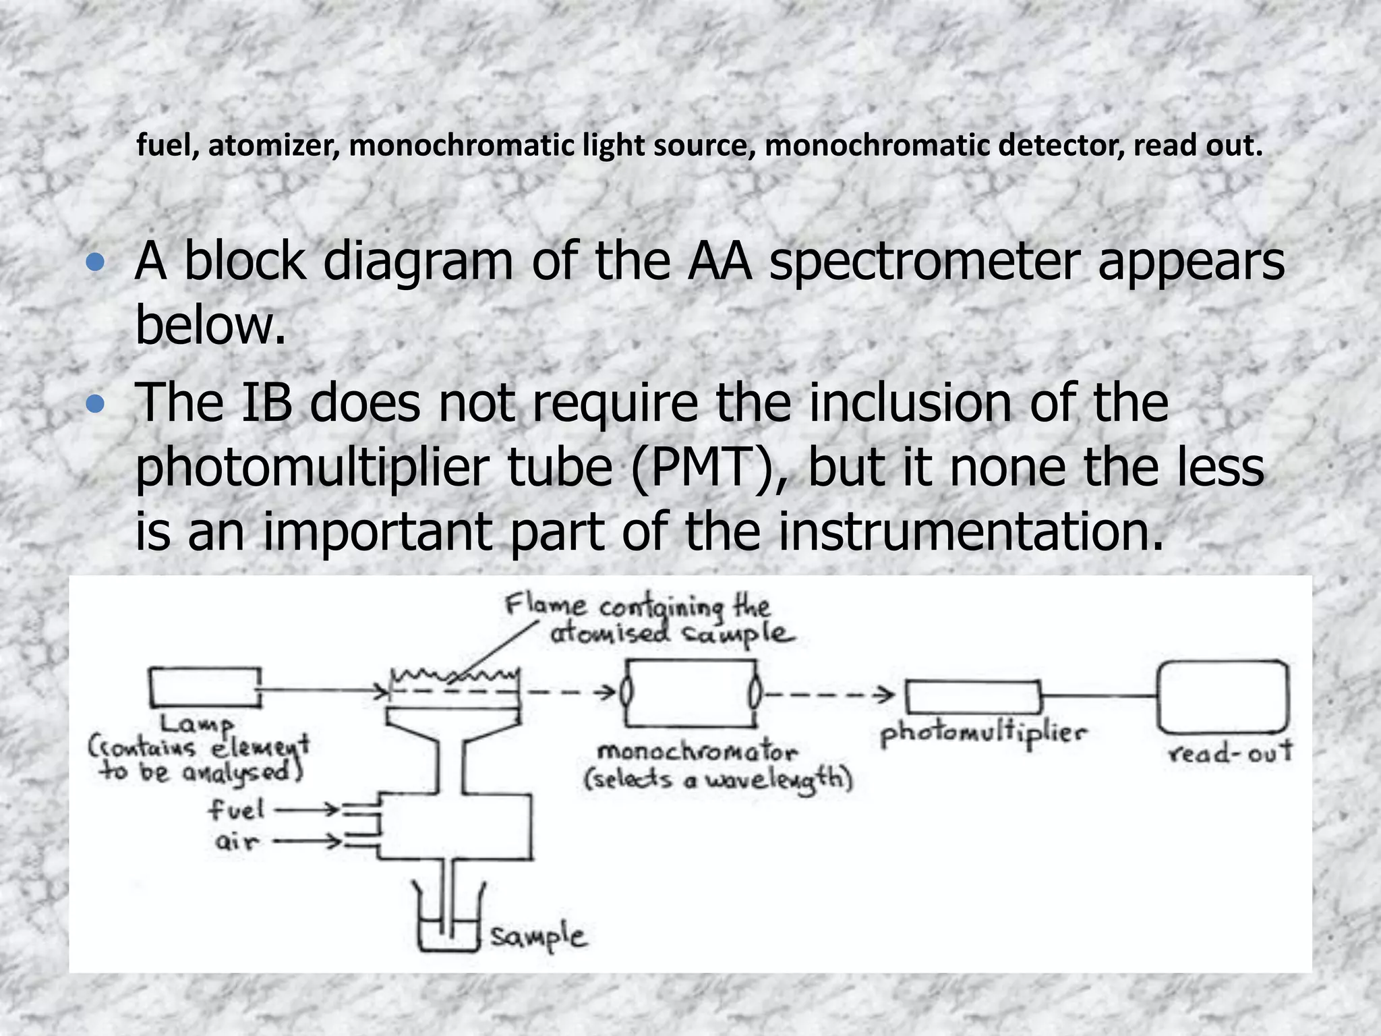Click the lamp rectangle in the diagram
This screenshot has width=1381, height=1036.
(x=205, y=687)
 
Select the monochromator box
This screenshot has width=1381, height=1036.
(x=690, y=693)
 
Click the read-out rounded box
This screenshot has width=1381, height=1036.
(x=1223, y=697)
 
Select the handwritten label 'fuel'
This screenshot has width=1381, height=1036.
(x=235, y=810)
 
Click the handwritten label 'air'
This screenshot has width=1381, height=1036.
(x=237, y=842)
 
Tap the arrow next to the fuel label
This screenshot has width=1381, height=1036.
(x=307, y=809)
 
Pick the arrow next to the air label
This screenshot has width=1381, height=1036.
(x=307, y=841)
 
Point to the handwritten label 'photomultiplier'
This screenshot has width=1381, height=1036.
(x=983, y=735)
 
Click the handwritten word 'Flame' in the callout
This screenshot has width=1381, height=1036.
(x=545, y=605)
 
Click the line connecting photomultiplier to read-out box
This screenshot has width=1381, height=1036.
(x=1099, y=695)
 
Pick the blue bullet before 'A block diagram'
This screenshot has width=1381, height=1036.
(x=96, y=263)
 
